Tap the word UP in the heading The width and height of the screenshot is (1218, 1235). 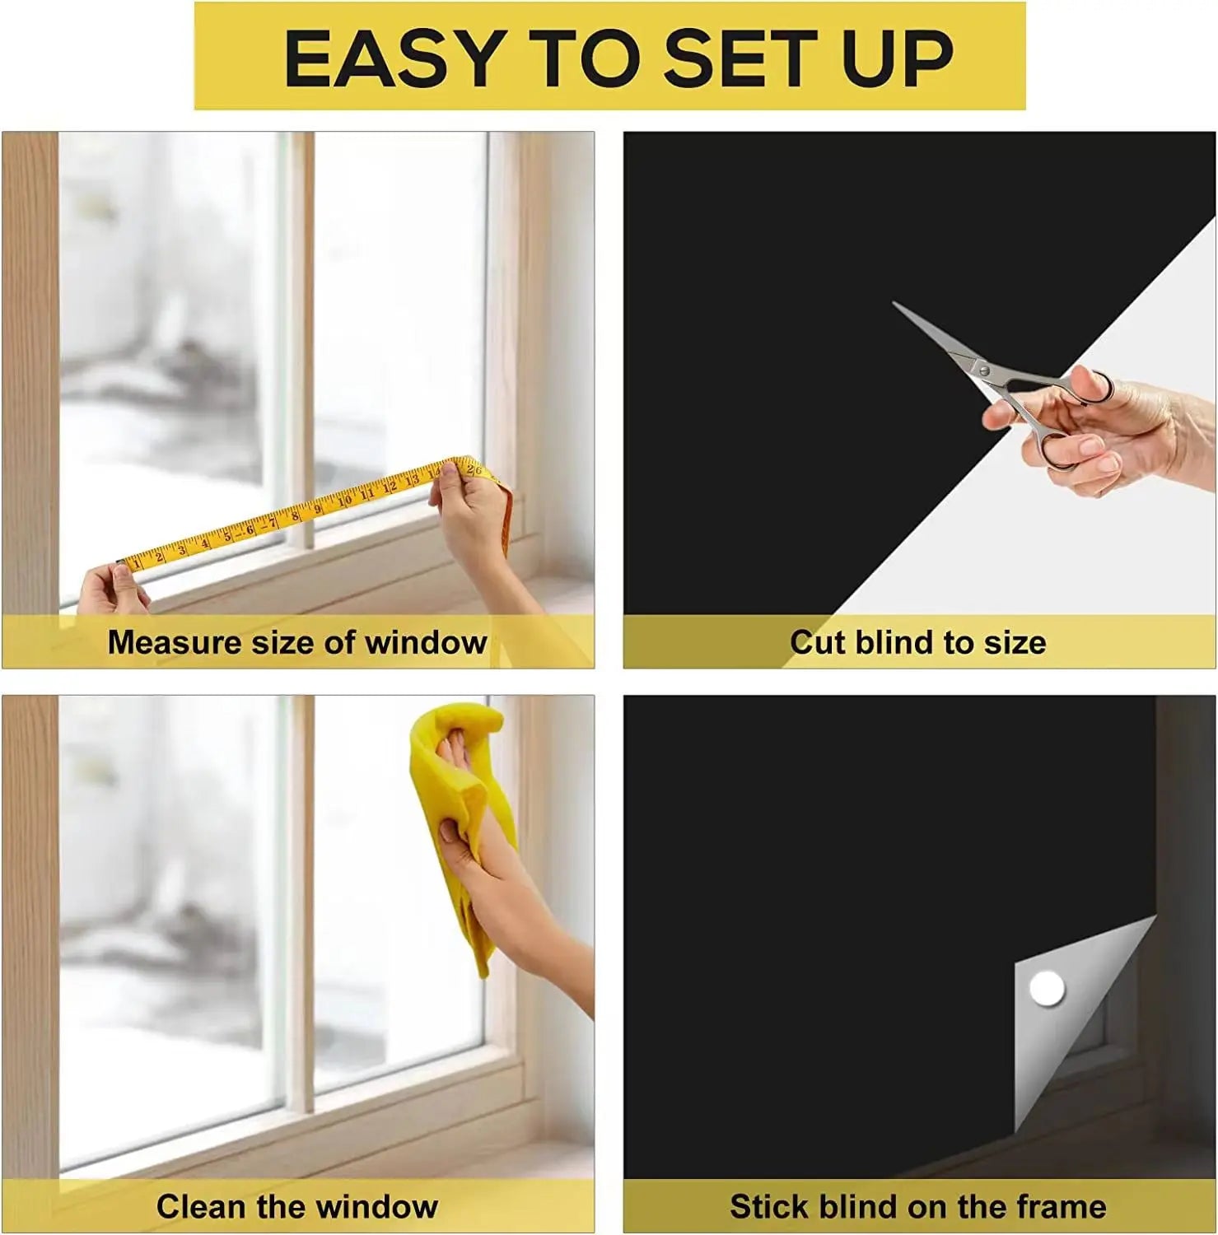click(898, 58)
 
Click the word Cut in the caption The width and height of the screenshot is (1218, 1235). click(817, 642)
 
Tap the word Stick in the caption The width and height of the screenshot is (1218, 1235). click(764, 1206)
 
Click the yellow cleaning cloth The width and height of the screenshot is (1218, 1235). click(461, 790)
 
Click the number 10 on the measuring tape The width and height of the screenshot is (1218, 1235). click(344, 500)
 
